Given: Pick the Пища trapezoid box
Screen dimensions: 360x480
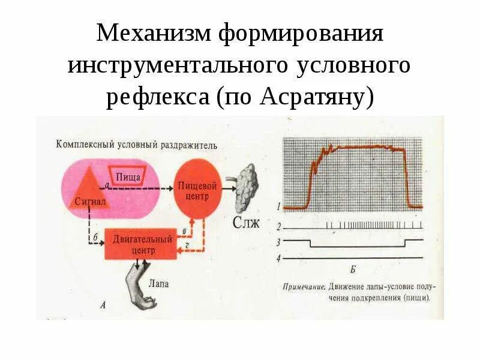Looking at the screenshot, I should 128,176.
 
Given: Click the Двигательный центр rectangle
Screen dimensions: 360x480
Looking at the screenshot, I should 142,244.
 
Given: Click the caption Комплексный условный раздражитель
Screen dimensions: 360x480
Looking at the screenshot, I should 137,145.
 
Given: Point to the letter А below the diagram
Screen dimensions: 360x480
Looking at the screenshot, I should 103,305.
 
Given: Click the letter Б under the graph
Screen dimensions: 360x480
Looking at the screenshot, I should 352,269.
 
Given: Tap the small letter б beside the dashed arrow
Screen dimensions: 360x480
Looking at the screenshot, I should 95,237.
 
